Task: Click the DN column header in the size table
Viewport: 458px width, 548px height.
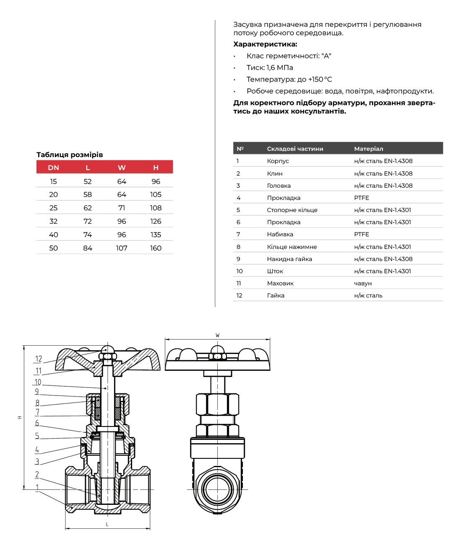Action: [53, 168]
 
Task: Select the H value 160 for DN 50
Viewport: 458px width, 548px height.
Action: [156, 248]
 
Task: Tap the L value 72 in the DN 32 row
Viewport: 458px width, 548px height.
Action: [88, 221]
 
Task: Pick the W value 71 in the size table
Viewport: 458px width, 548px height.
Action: [122, 208]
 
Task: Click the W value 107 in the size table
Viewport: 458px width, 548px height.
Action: [122, 248]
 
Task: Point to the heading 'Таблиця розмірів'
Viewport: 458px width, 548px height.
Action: [70, 155]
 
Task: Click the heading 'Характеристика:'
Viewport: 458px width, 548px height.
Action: [265, 44]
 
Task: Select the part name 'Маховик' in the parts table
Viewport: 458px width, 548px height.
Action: [280, 283]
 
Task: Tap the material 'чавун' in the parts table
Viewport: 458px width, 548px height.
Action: [363, 283]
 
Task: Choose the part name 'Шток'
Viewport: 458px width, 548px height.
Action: [275, 271]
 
